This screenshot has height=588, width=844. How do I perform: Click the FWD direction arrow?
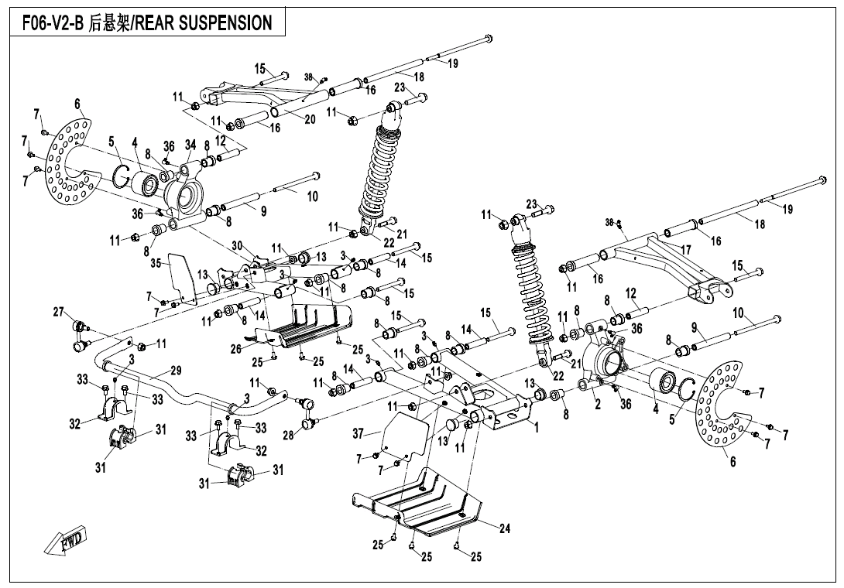click(x=65, y=539)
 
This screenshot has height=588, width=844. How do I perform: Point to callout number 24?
click(x=504, y=529)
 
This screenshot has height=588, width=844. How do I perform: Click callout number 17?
click(x=685, y=250)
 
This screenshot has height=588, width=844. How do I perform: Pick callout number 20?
click(x=310, y=119)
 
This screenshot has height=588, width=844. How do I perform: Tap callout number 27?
click(x=58, y=312)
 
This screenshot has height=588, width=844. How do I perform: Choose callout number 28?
click(x=288, y=436)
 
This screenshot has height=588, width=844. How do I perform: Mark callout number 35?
click(x=156, y=264)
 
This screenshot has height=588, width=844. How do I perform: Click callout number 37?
click(x=358, y=434)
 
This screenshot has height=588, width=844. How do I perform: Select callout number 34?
click(x=190, y=145)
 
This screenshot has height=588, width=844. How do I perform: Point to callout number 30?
click(x=237, y=246)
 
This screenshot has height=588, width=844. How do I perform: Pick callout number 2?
click(x=597, y=403)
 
